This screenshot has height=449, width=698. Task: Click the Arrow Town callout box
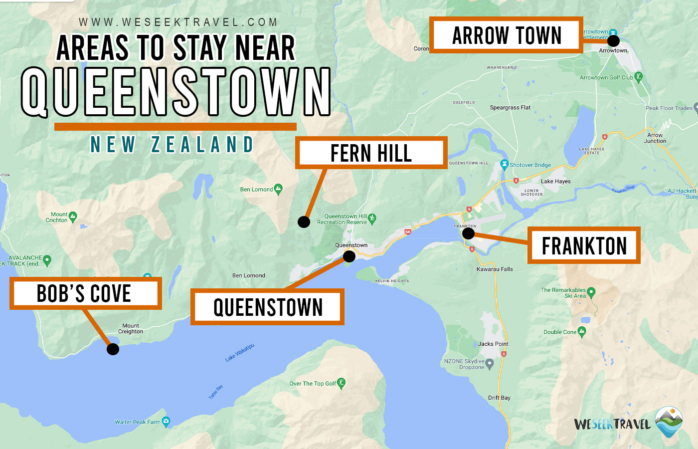(506, 35)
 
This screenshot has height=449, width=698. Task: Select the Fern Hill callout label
(371, 153)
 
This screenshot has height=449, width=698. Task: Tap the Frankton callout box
(584, 245)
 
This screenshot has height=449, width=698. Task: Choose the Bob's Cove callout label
(85, 293)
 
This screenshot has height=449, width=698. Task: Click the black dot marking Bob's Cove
(113, 349)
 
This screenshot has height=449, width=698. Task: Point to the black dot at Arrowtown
(613, 40)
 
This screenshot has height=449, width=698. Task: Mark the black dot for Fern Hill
(304, 222)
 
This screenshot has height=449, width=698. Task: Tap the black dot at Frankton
(468, 233)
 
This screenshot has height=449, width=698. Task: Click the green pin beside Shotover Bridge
(504, 164)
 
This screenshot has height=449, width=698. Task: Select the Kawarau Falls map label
(495, 269)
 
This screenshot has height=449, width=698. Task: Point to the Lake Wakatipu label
(239, 352)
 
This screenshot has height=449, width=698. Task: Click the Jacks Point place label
(493, 344)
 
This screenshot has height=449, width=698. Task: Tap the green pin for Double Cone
(582, 332)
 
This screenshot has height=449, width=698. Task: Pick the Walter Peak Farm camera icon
(166, 421)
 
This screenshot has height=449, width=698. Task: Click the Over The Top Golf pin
(341, 383)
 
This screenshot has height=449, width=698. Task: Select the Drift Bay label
(499, 398)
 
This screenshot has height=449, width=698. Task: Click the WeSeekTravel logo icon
(669, 422)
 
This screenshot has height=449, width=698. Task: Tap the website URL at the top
(178, 22)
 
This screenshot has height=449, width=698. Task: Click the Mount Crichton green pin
(73, 217)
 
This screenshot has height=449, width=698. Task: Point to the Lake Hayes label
(555, 182)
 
